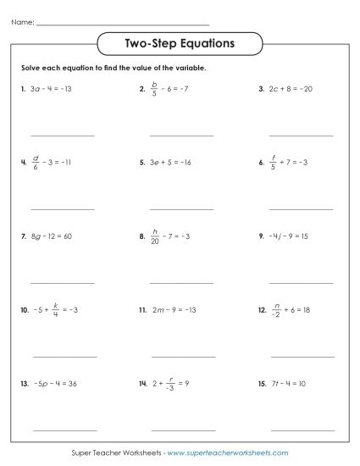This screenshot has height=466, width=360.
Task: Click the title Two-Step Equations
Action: (180, 42)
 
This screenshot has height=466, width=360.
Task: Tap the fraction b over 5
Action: (154, 88)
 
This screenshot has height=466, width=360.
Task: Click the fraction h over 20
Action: (155, 236)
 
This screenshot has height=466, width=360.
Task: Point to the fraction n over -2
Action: (276, 310)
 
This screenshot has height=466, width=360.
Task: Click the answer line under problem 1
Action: (63, 135)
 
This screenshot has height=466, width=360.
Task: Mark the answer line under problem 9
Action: (301, 281)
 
